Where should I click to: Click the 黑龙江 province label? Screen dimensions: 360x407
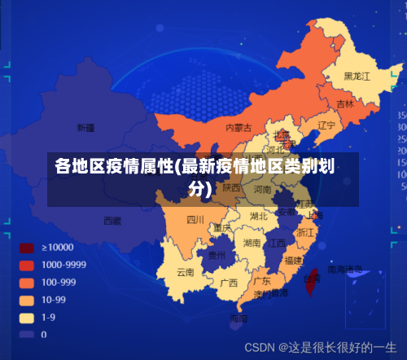[357, 76]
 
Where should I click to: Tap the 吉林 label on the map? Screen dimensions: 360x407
[345, 104]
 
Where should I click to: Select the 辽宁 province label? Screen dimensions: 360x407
[326, 125]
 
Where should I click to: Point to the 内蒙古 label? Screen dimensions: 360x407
[239, 128]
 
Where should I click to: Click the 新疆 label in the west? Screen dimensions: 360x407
[85, 128]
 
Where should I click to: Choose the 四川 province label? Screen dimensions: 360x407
[195, 219]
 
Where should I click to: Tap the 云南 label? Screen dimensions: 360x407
[185, 272]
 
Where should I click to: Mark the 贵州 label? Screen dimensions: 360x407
[217, 254]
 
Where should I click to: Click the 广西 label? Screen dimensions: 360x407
[230, 283]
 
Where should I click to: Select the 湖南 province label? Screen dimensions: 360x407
[252, 243]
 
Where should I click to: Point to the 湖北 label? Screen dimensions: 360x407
[259, 216]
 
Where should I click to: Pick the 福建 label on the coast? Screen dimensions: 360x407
[293, 260]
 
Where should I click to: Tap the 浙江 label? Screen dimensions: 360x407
[305, 232]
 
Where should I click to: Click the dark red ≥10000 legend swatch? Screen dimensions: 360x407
[27, 248]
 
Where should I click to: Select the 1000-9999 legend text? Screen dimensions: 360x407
[64, 265]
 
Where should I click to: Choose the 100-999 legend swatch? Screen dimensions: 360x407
[27, 283]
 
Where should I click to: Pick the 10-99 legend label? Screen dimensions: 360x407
[54, 300]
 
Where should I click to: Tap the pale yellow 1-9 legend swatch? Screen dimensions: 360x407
[27, 317]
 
